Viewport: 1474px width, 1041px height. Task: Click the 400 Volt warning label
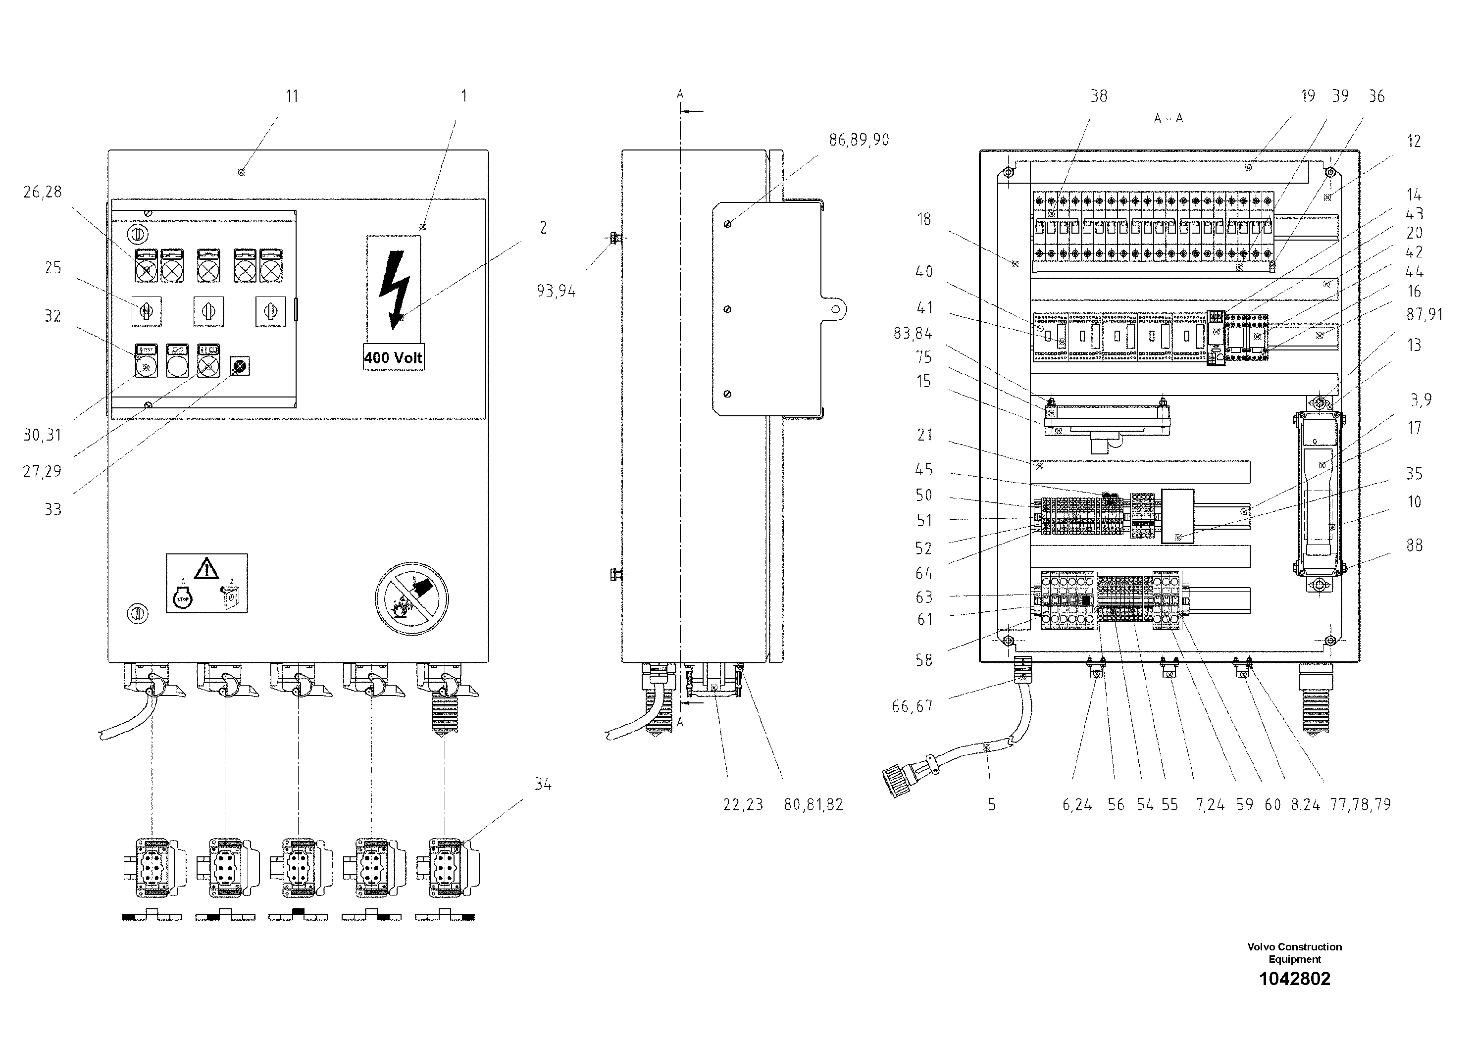click(x=393, y=357)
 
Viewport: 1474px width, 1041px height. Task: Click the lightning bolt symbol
click(x=394, y=288)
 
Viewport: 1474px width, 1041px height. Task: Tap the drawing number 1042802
click(x=1294, y=979)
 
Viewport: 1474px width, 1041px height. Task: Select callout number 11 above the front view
click(x=292, y=96)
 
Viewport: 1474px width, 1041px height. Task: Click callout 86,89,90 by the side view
click(x=859, y=140)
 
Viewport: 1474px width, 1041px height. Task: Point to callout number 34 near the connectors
click(x=543, y=784)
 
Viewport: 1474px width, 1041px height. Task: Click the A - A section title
click(x=1168, y=119)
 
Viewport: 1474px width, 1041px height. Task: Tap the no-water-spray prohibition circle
click(x=411, y=598)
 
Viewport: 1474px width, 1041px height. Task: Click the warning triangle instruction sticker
click(x=207, y=583)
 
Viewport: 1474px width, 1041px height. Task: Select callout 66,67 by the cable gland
click(x=912, y=706)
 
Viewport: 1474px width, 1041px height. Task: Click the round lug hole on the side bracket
click(x=835, y=309)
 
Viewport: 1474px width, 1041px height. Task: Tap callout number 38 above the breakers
click(x=1098, y=96)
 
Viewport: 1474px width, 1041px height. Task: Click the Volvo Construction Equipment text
click(x=1294, y=952)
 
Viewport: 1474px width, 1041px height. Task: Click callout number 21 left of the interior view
click(x=924, y=435)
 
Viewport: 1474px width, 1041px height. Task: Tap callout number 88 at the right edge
click(x=1414, y=545)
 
